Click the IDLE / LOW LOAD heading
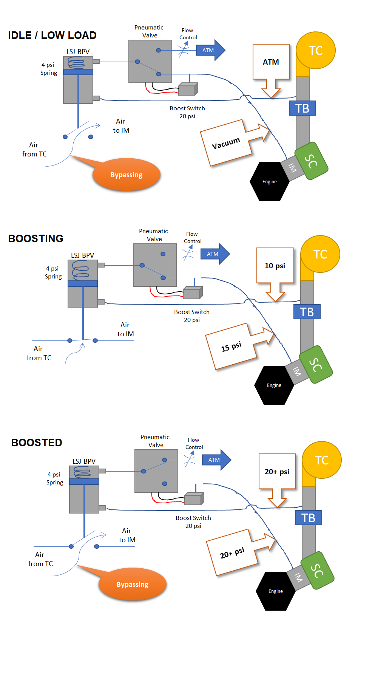tap(52, 35)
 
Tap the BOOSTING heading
tap(36, 238)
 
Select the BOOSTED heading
tap(37, 442)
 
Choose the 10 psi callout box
tap(275, 266)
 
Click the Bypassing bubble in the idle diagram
tap(127, 175)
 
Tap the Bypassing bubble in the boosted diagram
tap(133, 585)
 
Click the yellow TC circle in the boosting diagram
tap(320, 254)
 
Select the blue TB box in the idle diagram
tap(302, 108)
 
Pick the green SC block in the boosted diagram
tap(317, 571)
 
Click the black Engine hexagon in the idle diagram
tap(270, 182)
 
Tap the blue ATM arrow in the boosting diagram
tap(215, 254)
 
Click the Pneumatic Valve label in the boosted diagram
tap(155, 441)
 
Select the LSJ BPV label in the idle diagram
tap(78, 52)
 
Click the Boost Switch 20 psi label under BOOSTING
tap(192, 316)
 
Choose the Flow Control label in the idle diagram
tap(188, 34)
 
